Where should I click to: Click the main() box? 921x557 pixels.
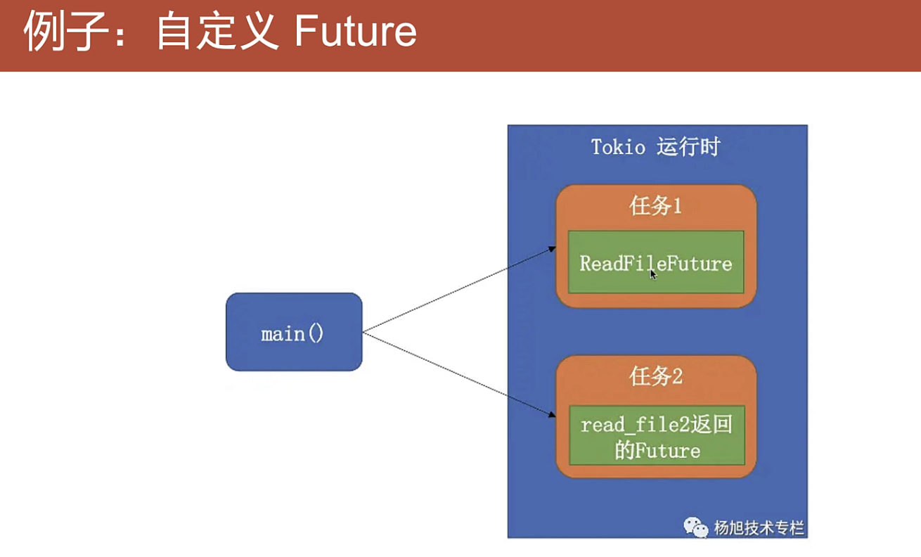293,332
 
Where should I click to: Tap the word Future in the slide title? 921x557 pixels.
356,32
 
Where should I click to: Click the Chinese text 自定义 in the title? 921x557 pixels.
217,32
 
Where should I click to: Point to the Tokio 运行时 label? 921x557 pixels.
655,147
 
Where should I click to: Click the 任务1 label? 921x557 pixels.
655,207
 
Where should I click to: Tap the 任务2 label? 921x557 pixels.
655,377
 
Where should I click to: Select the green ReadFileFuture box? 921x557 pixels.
656,263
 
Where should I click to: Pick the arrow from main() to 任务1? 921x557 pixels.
457,290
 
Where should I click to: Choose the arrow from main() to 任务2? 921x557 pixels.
457,376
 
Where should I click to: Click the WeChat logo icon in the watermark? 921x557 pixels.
696,527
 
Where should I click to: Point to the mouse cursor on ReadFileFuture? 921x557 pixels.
653,274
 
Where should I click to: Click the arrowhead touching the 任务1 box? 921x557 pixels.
552,249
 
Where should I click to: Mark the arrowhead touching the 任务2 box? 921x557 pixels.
552,418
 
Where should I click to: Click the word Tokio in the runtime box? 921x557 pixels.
617,148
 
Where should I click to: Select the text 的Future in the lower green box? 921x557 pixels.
657,450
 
